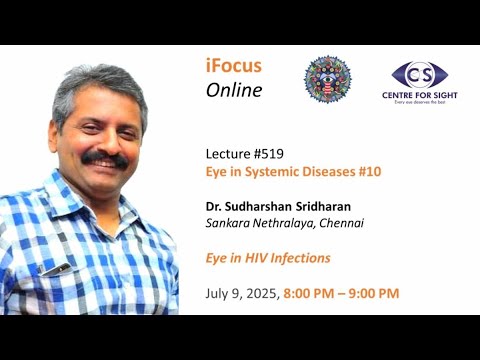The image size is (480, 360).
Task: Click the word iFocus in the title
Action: (x=233, y=67)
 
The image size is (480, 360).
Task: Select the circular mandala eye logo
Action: (x=326, y=79)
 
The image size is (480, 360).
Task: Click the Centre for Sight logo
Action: (x=419, y=79)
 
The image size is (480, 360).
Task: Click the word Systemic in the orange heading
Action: (x=269, y=171)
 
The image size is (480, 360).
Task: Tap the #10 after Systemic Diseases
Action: (x=367, y=171)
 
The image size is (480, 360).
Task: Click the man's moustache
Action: (x=104, y=157)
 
